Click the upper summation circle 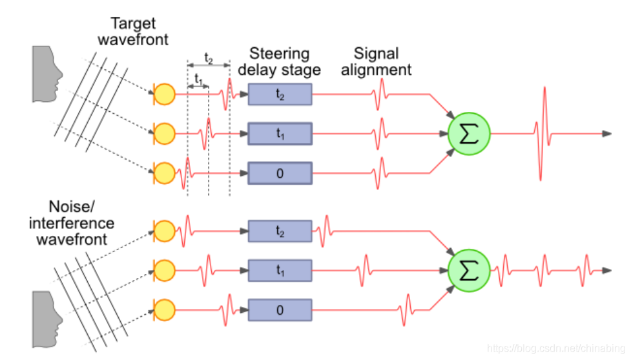point(470,134)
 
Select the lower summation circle point(470,270)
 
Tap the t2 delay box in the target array point(280,94)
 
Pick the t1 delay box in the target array point(280,134)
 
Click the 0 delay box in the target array point(280,173)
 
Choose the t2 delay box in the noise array point(280,231)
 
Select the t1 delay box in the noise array point(280,270)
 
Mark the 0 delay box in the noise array point(280,310)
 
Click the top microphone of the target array point(165,94)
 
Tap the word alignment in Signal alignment point(377,70)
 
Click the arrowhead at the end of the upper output point(606,134)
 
